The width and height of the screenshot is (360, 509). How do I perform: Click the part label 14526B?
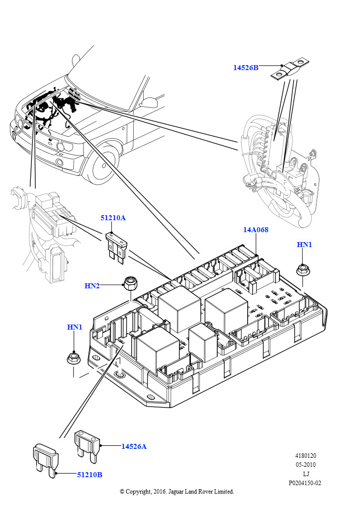[246, 68]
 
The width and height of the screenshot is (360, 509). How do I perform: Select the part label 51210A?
[113, 218]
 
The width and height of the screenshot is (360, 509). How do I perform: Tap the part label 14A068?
[256, 230]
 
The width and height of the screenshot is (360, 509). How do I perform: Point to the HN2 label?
[92, 285]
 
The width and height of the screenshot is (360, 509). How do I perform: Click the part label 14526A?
[134, 446]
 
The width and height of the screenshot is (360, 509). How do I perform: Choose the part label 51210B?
[90, 475]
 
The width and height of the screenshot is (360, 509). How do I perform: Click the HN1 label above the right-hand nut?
[304, 245]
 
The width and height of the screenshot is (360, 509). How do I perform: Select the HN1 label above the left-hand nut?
[75, 327]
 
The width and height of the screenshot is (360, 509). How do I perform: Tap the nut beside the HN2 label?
[131, 284]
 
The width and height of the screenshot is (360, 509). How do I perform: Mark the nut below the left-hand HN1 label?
[74, 358]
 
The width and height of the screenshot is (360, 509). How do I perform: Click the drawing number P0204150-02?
[305, 483]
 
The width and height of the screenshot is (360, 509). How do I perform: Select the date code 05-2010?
[306, 465]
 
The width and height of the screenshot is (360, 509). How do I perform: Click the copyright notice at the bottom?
[177, 491]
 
